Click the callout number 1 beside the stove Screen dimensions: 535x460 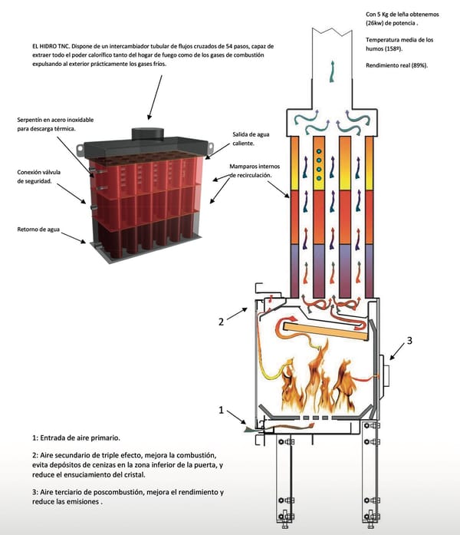tap(222, 411)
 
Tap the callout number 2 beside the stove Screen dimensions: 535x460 tap(222, 322)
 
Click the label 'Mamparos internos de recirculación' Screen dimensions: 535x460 tap(257, 170)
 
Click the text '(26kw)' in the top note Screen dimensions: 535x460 tap(378, 22)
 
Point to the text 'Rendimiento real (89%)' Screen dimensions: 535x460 tap(396, 65)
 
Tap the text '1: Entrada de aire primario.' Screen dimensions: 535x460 tap(76, 437)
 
